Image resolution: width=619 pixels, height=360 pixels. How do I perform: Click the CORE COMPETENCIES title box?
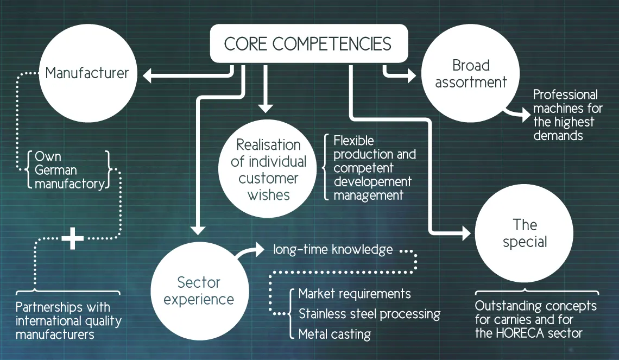(x=308, y=43)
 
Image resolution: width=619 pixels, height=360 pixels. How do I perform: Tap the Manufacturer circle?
(x=87, y=73)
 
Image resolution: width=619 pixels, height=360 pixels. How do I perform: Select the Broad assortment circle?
(x=470, y=74)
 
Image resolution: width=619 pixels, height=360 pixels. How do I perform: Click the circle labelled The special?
(x=524, y=233)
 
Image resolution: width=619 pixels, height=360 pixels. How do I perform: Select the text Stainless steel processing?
(x=369, y=314)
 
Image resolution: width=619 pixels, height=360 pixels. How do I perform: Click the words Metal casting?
(x=334, y=334)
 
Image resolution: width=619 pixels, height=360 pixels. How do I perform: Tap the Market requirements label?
(x=355, y=294)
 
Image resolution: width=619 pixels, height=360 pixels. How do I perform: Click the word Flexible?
(x=353, y=141)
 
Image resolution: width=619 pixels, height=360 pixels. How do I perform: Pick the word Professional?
(x=565, y=94)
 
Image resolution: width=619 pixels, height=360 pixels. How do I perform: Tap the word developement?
(x=372, y=182)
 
